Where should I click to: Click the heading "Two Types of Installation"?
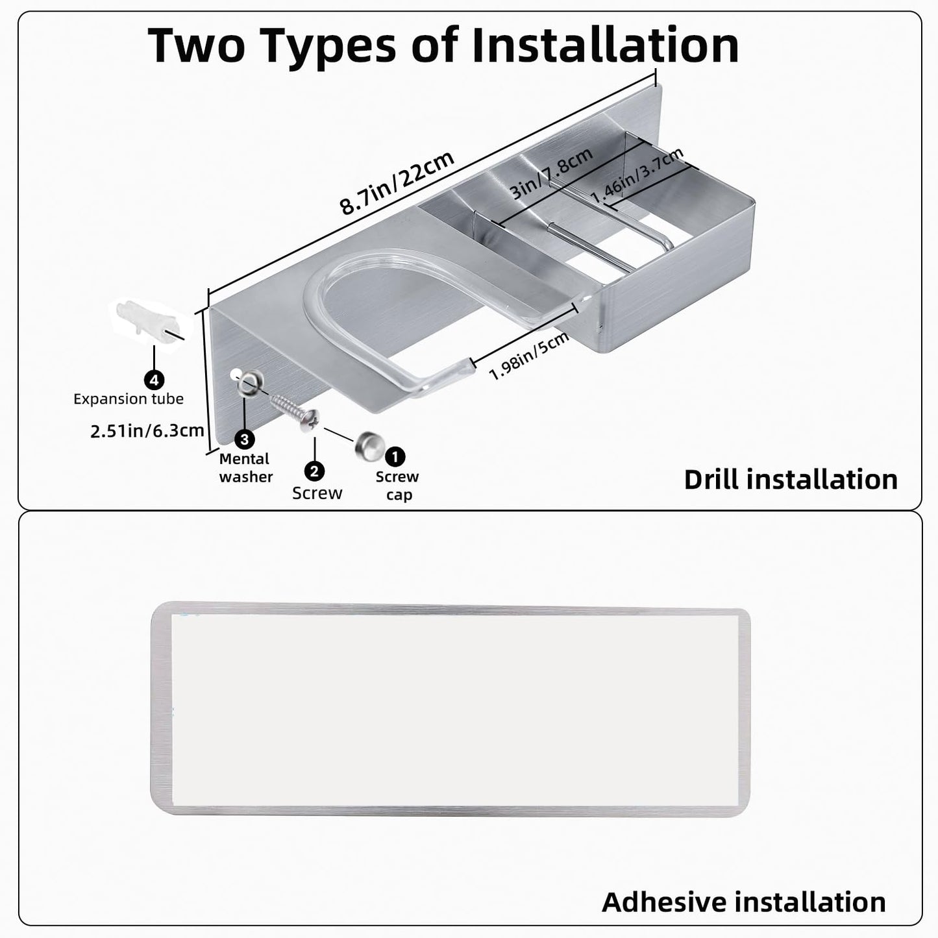tap(443, 46)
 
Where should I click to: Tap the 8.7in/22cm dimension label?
tap(397, 182)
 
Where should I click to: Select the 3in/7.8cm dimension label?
tap(551, 173)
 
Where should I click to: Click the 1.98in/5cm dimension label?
tap(528, 356)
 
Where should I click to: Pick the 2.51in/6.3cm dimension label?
tap(147, 431)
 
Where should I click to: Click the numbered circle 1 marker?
tap(395, 456)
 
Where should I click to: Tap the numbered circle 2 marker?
tap(314, 471)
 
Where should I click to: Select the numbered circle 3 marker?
tap(244, 439)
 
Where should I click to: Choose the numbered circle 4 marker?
tap(154, 380)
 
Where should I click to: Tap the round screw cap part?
tap(369, 447)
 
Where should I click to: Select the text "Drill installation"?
tap(791, 480)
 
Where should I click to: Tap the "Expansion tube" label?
tap(129, 399)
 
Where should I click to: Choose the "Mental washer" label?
tap(246, 468)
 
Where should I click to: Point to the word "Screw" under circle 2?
tap(317, 493)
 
